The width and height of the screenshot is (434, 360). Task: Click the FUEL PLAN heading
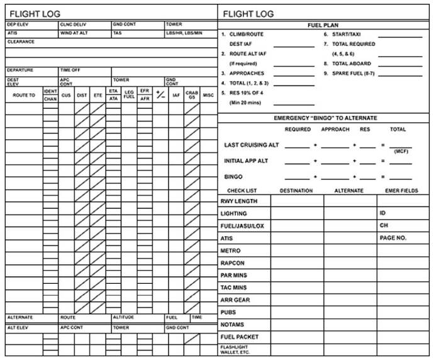324,25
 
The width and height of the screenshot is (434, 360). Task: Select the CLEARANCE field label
21,42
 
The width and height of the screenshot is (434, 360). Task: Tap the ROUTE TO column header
24,95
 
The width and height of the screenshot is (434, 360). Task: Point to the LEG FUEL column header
129,95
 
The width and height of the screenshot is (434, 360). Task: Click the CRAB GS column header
192,95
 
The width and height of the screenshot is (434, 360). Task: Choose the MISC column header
208,95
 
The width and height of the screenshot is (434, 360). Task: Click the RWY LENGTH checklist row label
238,201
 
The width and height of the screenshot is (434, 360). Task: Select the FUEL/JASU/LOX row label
243,226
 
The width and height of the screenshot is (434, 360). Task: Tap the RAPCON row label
232,263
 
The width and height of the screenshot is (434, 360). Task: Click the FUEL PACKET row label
239,337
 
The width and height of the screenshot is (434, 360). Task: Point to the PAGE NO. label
393,238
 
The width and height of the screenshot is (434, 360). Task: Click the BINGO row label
233,177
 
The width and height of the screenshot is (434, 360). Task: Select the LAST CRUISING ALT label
252,145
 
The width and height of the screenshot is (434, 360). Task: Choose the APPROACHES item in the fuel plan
247,73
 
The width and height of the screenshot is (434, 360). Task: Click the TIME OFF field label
70,70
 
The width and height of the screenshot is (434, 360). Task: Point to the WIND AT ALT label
74,33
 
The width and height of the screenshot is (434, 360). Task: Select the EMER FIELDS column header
401,190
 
